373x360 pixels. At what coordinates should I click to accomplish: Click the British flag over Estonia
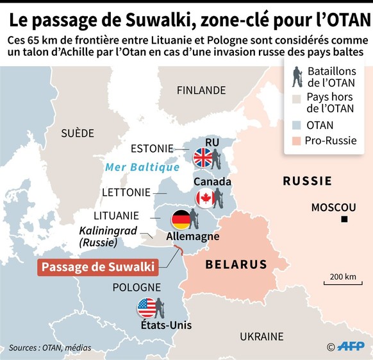(x=204, y=157)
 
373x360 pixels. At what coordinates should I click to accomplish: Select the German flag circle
(x=181, y=219)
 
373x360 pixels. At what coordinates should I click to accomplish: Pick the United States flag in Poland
(x=147, y=308)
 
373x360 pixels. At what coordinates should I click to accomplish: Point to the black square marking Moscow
(x=345, y=220)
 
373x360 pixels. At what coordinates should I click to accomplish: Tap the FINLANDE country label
(x=201, y=90)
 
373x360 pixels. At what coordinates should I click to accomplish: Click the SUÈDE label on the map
(x=77, y=133)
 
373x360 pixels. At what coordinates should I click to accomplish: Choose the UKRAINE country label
(x=261, y=336)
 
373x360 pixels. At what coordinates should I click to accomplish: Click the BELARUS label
(x=236, y=264)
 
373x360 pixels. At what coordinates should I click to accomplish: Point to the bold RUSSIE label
(x=308, y=182)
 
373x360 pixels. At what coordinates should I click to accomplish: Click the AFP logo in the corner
(x=351, y=347)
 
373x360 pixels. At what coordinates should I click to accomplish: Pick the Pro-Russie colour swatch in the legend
(x=297, y=141)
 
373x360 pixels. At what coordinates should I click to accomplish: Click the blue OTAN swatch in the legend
(x=297, y=125)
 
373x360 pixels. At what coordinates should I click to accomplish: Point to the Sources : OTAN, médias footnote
(x=50, y=348)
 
